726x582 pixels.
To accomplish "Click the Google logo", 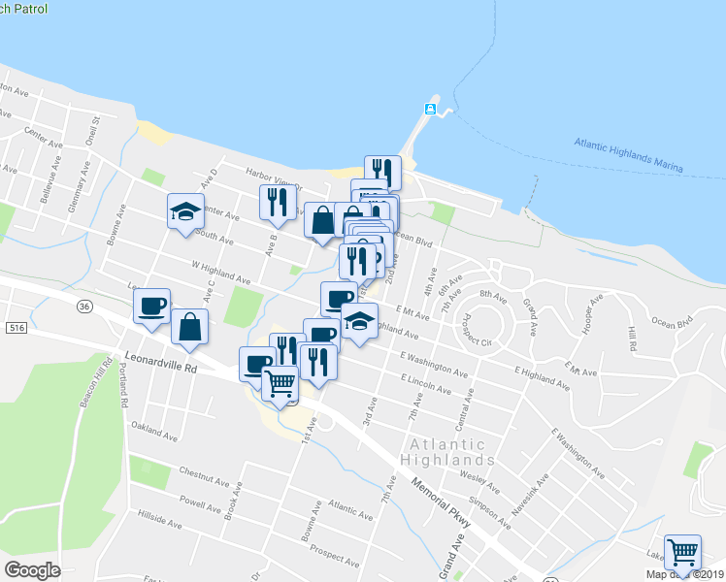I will [33, 570].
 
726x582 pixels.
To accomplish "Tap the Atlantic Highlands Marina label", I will [628, 155].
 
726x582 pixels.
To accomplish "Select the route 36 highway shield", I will [85, 307].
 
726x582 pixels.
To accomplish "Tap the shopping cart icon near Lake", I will [682, 551].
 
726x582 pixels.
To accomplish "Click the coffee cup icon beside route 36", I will [151, 306].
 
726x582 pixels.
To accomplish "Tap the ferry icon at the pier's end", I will [430, 108].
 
